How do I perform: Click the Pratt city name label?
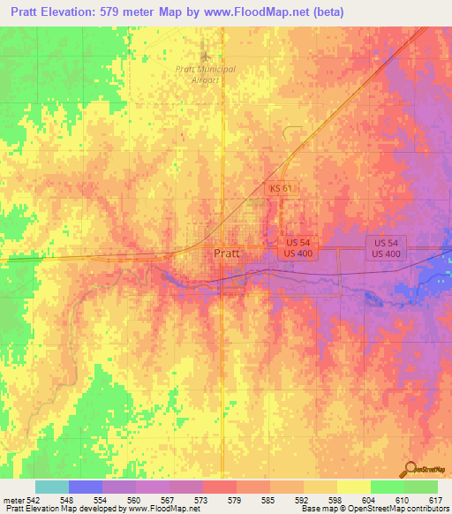tap(226, 253)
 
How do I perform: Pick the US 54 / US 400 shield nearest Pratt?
tap(298, 247)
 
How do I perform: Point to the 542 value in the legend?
tap(34, 500)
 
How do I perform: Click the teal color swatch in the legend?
tap(51, 487)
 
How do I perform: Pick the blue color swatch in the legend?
tap(85, 487)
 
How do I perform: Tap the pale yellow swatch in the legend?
tap(353, 487)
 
